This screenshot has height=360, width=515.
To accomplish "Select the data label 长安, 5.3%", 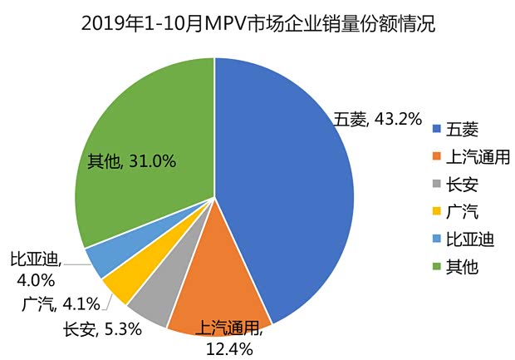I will (102, 329).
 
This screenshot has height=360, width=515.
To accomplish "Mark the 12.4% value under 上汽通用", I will (228, 348).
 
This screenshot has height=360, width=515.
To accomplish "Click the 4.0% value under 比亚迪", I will (35, 279).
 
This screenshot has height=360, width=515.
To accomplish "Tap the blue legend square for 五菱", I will (436, 130).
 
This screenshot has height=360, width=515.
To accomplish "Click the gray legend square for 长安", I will (436, 185).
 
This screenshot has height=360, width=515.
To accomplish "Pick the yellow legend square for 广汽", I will (436, 212).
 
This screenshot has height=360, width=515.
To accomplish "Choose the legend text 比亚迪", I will (470, 239).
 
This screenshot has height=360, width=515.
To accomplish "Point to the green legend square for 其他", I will (436, 267).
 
